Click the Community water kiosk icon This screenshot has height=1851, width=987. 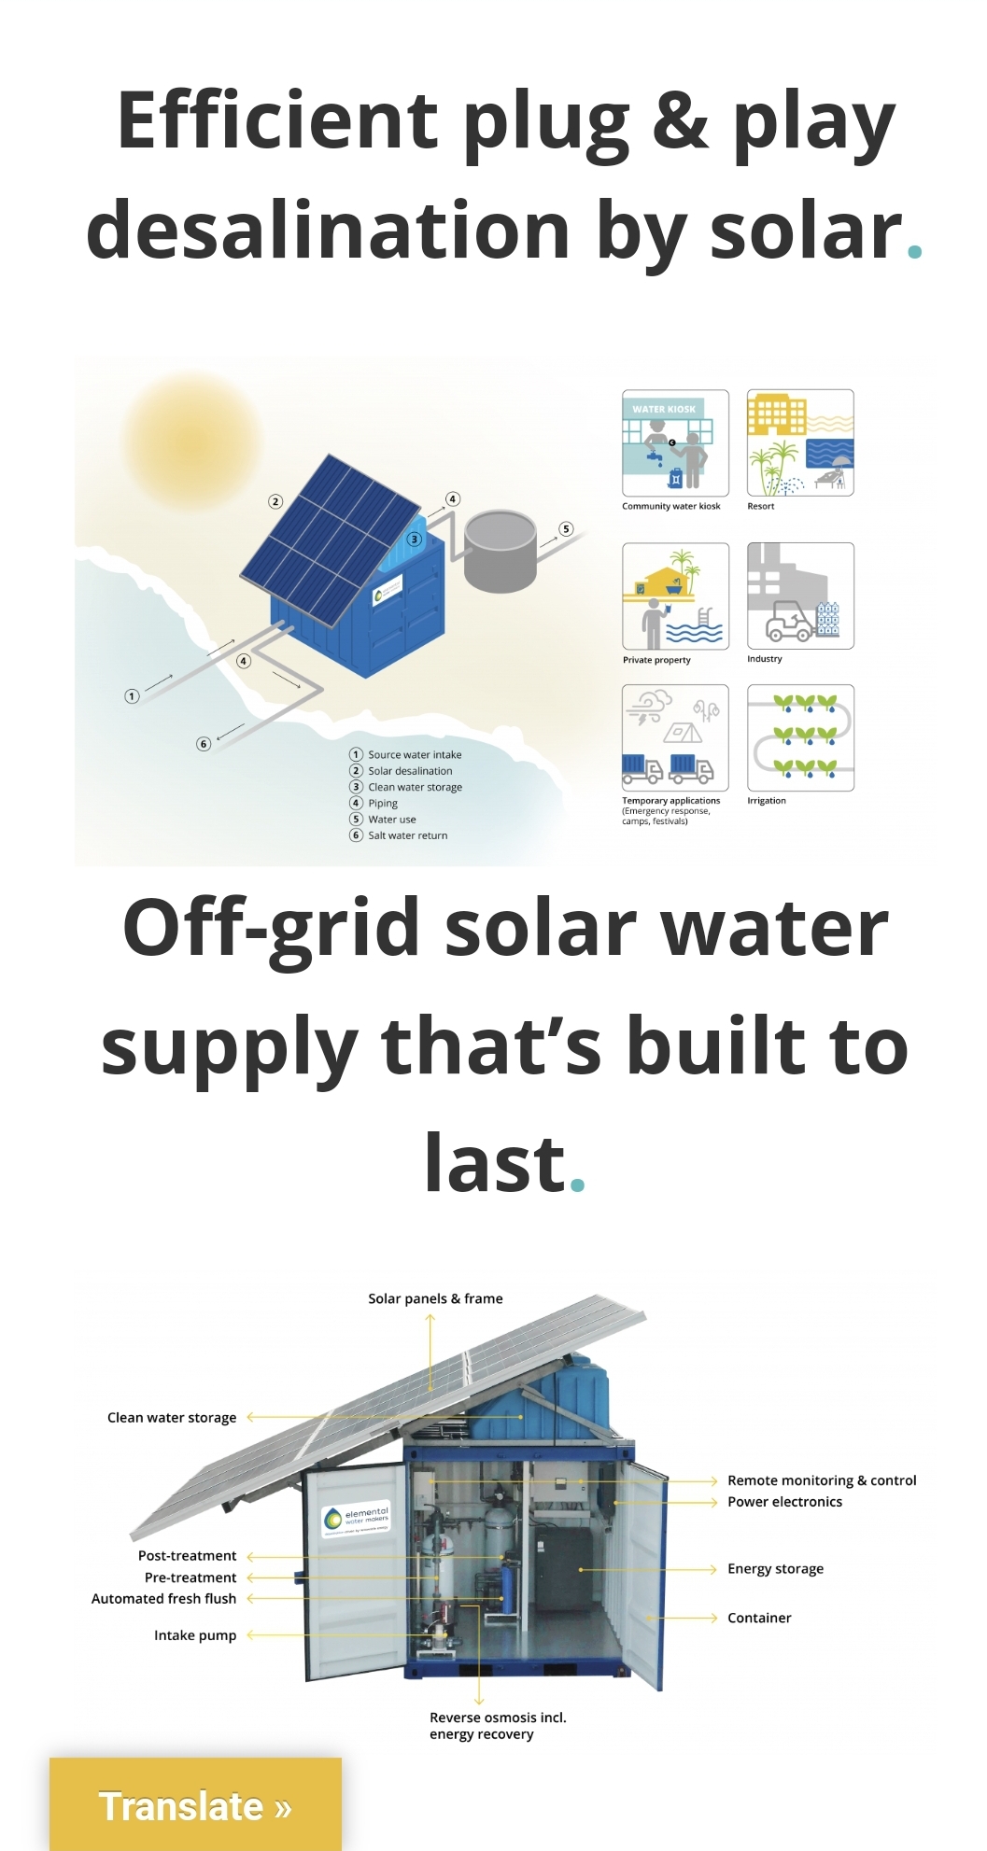point(675,442)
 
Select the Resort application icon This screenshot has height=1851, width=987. point(800,442)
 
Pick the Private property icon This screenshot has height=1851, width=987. point(675,596)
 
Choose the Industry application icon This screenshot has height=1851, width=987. point(800,596)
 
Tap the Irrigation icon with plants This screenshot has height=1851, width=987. point(800,737)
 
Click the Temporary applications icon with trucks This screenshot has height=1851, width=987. point(675,737)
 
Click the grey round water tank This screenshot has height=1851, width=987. point(500,551)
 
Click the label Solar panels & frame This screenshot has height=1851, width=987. point(435,1298)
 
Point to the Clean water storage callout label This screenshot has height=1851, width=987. point(172,1417)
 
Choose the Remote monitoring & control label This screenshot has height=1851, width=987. point(822,1480)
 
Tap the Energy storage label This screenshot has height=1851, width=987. point(775,1569)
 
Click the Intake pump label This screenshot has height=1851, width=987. point(195,1635)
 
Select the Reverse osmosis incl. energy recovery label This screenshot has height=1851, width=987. point(498,1726)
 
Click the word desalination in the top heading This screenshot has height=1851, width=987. point(328,231)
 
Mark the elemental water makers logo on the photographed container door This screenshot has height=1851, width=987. point(356,1519)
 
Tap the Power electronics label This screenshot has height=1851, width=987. point(784,1502)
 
